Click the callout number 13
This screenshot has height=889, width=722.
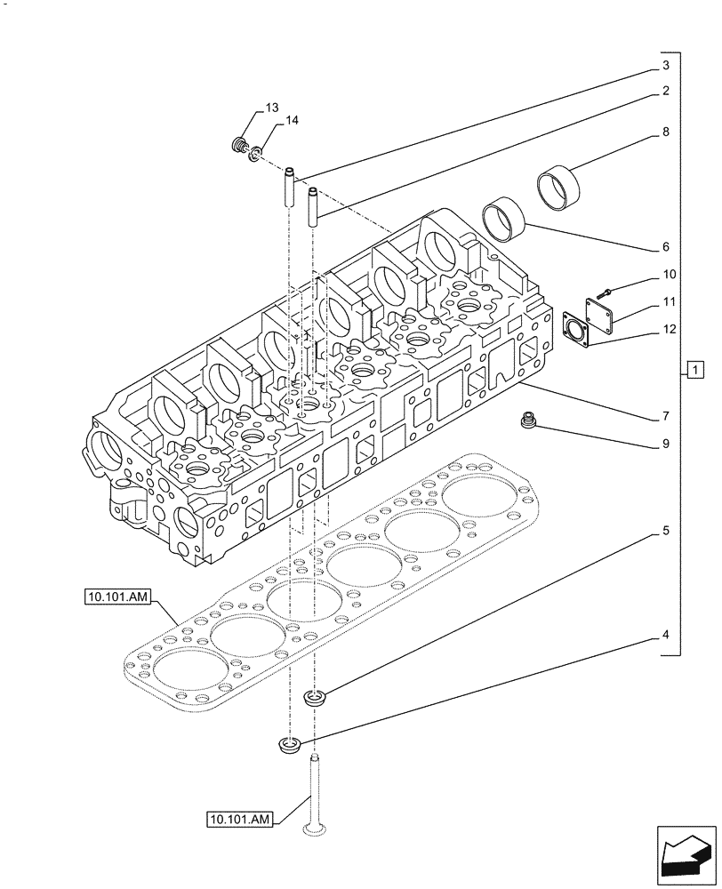tap(272, 108)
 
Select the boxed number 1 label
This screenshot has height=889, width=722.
tap(694, 369)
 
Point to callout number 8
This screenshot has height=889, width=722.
tap(665, 132)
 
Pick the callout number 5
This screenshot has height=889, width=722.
tap(665, 532)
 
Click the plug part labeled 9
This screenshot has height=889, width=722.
tap(529, 421)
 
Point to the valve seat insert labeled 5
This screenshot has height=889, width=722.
tap(314, 698)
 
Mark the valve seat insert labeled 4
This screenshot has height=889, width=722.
tap(289, 745)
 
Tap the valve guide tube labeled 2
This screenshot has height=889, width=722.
tap(313, 205)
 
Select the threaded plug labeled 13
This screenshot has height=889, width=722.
tap(238, 145)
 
